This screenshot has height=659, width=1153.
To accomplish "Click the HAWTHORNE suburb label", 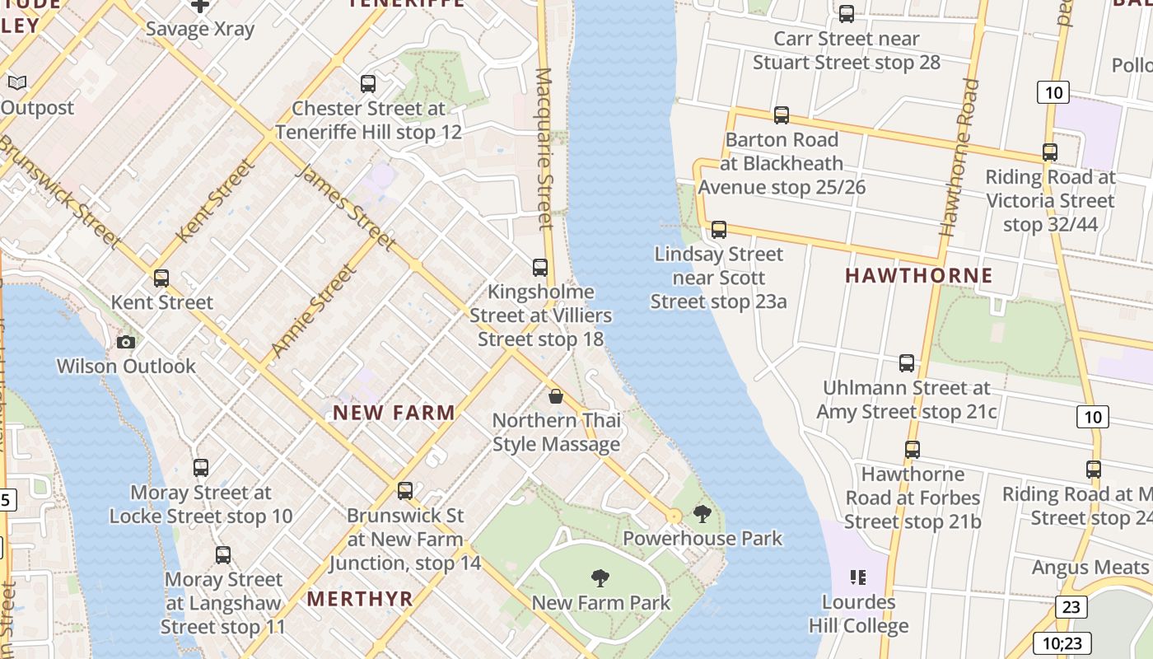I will tap(918, 275).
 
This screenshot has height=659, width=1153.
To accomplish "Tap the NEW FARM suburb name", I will tap(394, 413).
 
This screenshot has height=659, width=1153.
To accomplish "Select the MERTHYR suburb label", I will tap(360, 599).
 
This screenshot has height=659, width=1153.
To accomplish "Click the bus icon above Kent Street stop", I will tap(161, 278).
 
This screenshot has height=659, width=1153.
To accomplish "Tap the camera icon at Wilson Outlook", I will tap(126, 342).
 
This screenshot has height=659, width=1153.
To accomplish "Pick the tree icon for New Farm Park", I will tap(600, 578).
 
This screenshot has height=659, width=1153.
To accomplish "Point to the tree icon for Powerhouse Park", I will tap(702, 515).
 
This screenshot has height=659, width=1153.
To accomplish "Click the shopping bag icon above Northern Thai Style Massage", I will tap(556, 396).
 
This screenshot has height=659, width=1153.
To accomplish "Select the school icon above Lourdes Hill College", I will tap(857, 577).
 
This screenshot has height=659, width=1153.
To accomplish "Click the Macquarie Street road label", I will tap(544, 148).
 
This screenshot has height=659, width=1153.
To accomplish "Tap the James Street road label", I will tap(345, 207).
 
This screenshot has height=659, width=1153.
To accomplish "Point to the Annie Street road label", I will tap(314, 311).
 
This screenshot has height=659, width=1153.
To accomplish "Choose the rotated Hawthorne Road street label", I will tap(960, 157).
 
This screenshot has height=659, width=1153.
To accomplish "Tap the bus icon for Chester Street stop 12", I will tap(368, 84).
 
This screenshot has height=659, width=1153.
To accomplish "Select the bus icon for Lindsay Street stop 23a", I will tap(719, 230).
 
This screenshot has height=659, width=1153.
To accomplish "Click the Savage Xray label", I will tap(199, 29).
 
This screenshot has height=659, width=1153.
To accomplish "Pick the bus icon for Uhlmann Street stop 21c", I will tap(907, 363).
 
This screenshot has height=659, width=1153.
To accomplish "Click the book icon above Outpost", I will tap(17, 82).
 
